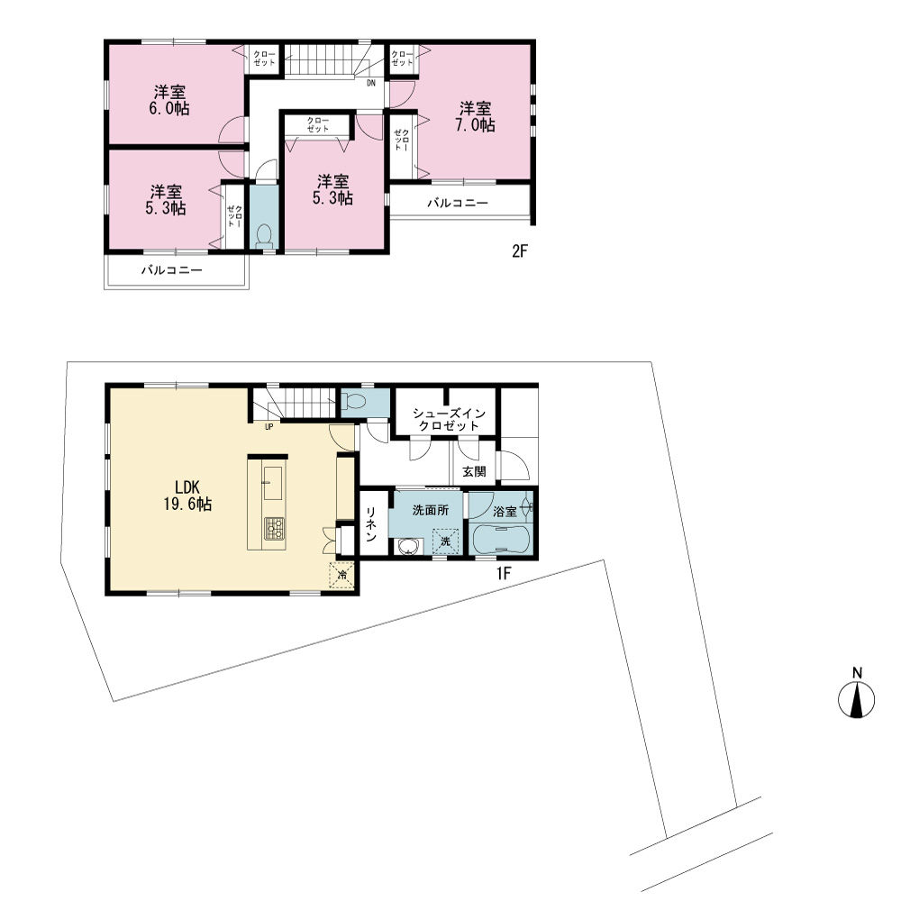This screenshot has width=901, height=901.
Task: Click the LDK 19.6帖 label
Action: coord(187,496)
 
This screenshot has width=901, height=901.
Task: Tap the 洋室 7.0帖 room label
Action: coord(475,116)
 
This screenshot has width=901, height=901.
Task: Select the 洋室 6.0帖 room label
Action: coord(169,101)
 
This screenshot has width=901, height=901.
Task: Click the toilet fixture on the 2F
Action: coord(264,236)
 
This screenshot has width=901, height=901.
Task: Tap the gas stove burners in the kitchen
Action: coord(274,528)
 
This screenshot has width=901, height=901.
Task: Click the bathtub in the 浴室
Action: coord(499,540)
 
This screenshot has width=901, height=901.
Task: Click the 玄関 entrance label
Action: coord(475,472)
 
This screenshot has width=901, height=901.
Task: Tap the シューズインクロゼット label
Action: coord(449,420)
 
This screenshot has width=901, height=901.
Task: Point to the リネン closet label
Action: coord(371,523)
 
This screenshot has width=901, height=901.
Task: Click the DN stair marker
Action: coord(371,83)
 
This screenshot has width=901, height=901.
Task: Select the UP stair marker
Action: coord(268,427)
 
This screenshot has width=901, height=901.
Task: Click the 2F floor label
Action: coord(520,251)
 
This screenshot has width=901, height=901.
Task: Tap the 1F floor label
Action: coord(504,573)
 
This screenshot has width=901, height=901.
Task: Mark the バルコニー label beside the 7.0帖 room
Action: coord(458,203)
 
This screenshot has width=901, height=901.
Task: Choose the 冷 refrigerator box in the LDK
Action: coord(341,575)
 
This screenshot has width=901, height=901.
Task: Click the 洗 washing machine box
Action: coord(445,542)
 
